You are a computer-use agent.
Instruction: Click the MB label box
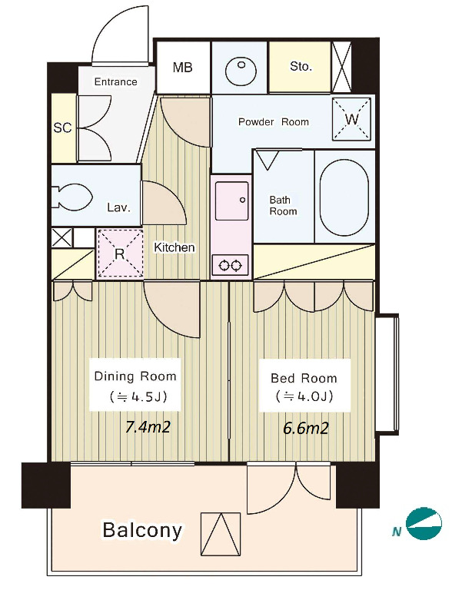(x=183, y=67)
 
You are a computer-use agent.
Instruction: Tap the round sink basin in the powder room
(x=241, y=71)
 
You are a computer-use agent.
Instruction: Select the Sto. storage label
(x=301, y=67)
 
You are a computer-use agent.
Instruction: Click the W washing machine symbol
(x=351, y=119)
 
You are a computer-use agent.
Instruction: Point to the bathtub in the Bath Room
(x=344, y=197)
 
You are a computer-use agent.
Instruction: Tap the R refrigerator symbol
(x=120, y=254)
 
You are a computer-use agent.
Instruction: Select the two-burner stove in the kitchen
(x=231, y=266)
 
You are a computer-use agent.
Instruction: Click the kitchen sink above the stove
(x=231, y=201)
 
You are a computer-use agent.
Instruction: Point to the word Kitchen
(x=174, y=247)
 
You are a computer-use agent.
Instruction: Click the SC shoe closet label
(x=62, y=128)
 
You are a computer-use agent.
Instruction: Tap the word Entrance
(x=115, y=81)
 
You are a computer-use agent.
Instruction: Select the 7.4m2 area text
(x=148, y=427)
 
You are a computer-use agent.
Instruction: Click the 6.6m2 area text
(x=306, y=428)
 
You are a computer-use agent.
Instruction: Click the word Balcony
(x=142, y=531)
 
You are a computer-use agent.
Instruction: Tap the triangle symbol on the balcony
(x=221, y=534)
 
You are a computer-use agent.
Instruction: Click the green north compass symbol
(x=424, y=523)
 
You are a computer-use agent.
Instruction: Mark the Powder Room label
(x=274, y=122)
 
